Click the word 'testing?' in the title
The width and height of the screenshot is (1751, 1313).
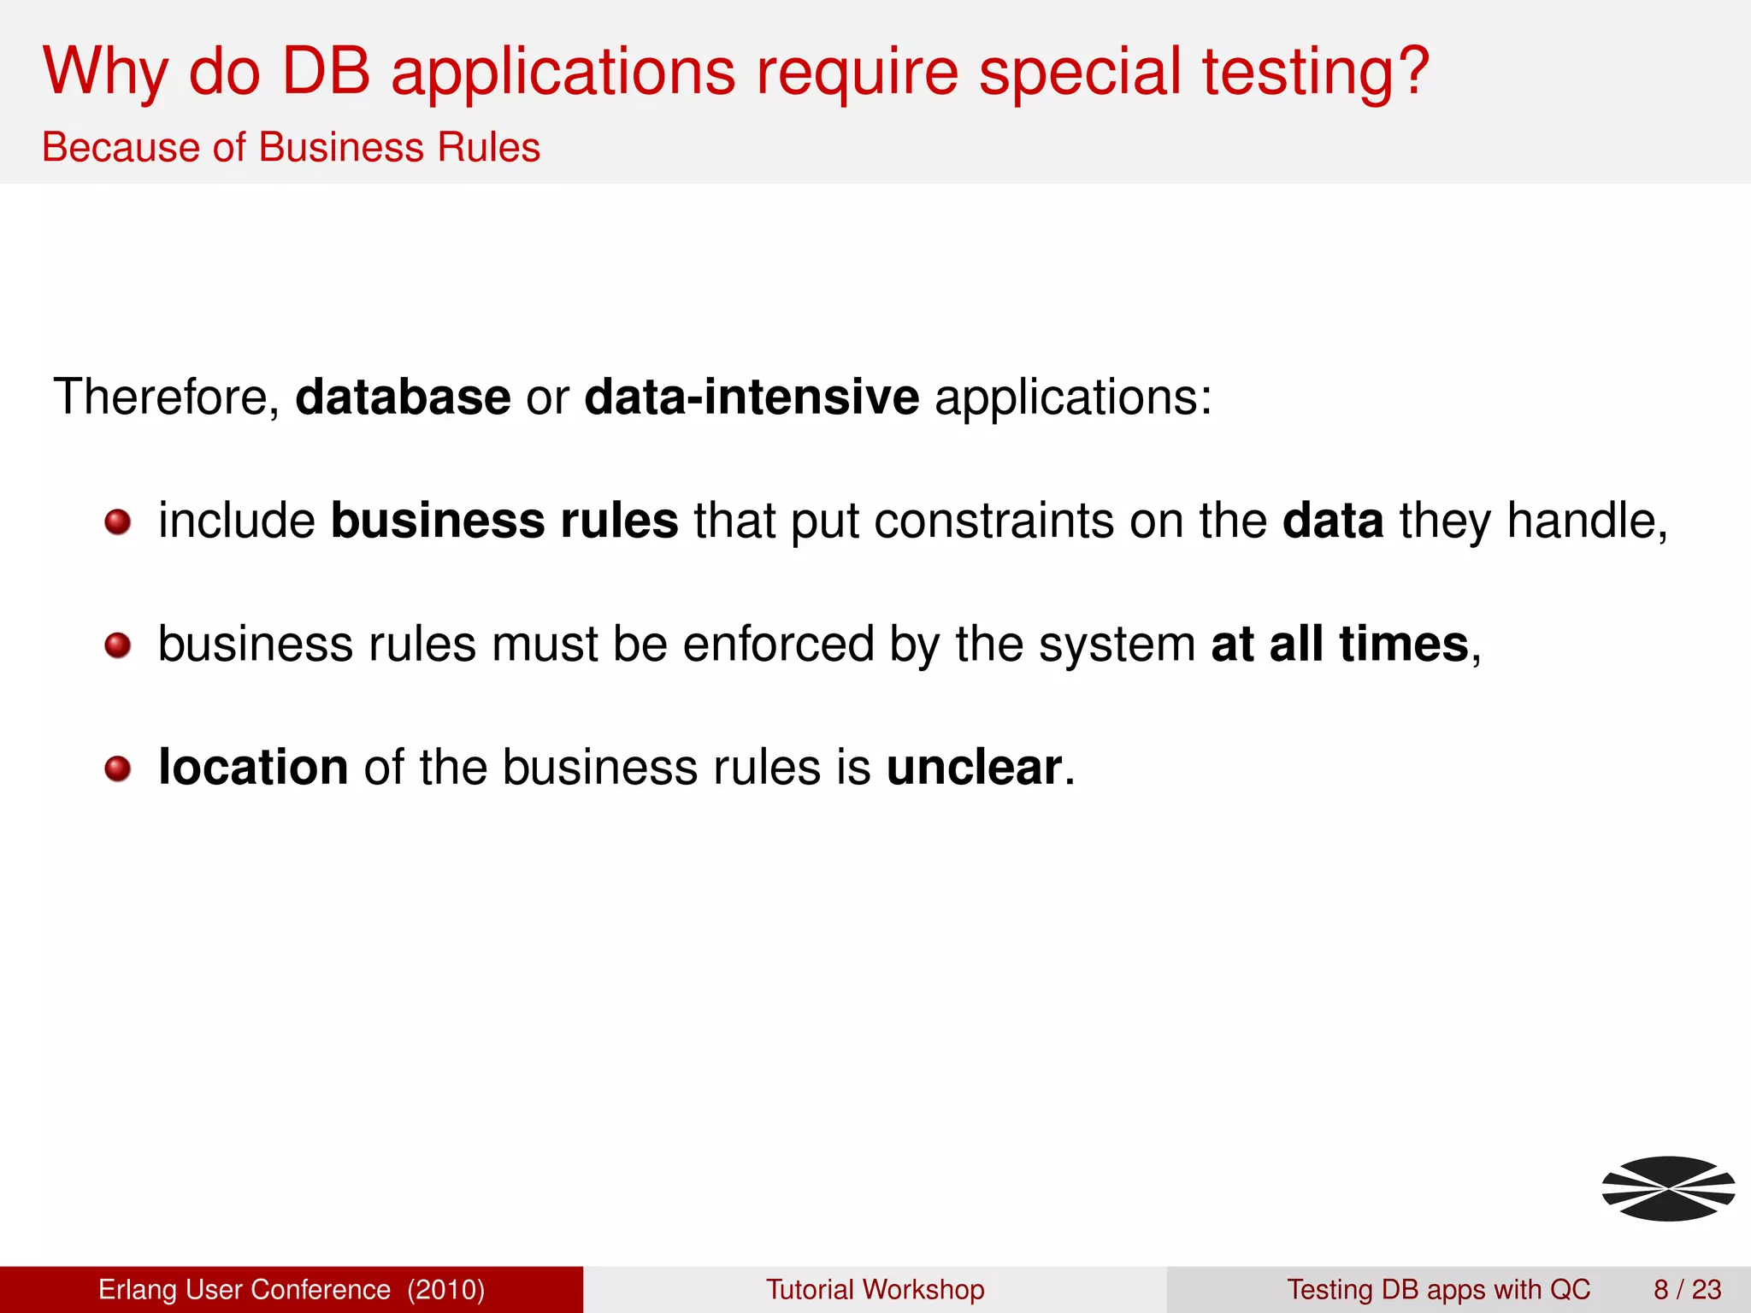click(1315, 73)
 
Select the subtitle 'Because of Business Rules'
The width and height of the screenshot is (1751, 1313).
click(291, 147)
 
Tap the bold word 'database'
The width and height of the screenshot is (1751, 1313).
click(403, 397)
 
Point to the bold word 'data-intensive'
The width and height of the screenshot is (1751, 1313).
click(752, 397)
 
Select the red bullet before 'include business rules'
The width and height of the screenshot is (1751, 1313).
click(118, 521)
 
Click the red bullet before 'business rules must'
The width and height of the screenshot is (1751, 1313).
click(118, 645)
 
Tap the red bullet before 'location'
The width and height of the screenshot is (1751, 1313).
click(118, 768)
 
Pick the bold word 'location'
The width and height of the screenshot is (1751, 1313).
click(253, 767)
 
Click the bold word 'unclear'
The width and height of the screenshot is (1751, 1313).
click(974, 767)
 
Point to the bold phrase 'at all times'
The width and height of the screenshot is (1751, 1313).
click(1339, 644)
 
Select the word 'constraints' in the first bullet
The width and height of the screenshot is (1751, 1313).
click(993, 521)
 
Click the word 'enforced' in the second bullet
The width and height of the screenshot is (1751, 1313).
click(778, 644)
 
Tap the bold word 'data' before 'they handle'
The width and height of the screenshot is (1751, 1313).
click(1332, 521)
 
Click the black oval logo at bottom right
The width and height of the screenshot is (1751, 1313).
click(1668, 1188)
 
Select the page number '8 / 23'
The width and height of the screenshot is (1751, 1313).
click(1687, 1289)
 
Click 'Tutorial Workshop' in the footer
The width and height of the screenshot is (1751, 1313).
click(875, 1289)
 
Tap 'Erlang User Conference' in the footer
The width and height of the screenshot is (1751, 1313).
click(245, 1289)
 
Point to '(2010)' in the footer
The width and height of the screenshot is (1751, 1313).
click(445, 1289)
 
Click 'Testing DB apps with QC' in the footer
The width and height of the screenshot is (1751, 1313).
click(1438, 1289)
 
